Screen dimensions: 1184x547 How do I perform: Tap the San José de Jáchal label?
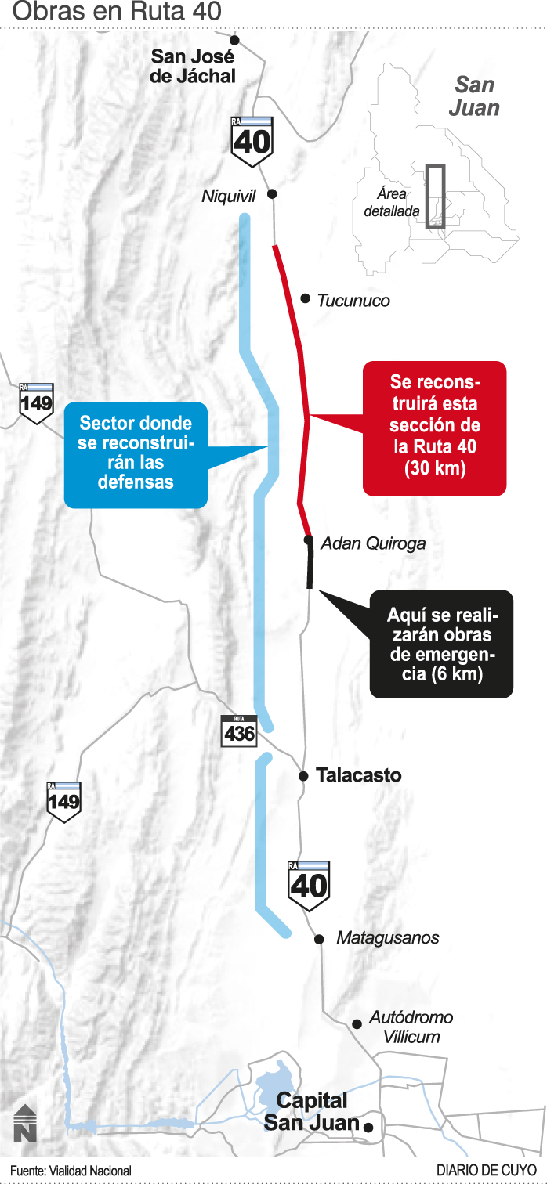194,66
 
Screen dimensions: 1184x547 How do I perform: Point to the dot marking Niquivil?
272,193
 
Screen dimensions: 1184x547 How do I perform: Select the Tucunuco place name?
353,301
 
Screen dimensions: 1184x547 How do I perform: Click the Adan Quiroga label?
373,543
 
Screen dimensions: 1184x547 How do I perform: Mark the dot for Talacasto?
303,776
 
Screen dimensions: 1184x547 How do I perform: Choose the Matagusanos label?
387,938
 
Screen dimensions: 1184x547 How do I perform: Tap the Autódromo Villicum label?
411,1027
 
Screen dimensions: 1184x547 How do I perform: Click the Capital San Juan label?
311,1112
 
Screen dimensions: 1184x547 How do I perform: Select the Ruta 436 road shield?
239,731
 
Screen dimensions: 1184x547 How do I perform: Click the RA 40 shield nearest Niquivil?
252,141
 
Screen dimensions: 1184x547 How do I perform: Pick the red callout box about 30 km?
435,428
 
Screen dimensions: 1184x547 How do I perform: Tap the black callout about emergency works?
441,644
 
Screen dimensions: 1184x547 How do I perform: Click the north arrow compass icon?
25,1122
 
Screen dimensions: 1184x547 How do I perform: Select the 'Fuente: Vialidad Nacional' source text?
71,1171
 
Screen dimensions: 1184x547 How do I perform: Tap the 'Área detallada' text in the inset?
391,202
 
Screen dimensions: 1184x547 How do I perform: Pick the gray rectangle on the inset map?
435,197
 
